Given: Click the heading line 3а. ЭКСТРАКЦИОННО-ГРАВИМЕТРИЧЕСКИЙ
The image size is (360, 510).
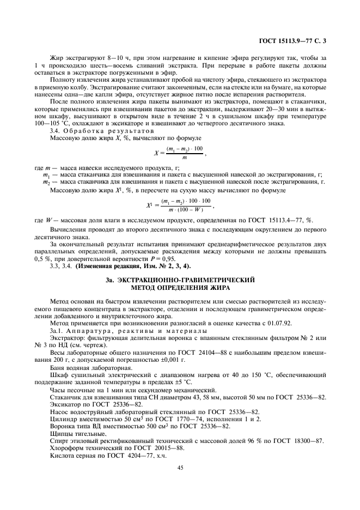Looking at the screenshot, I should tap(180, 279).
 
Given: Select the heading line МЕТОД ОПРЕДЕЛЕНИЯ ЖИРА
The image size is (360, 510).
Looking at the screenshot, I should tap(180, 287).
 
